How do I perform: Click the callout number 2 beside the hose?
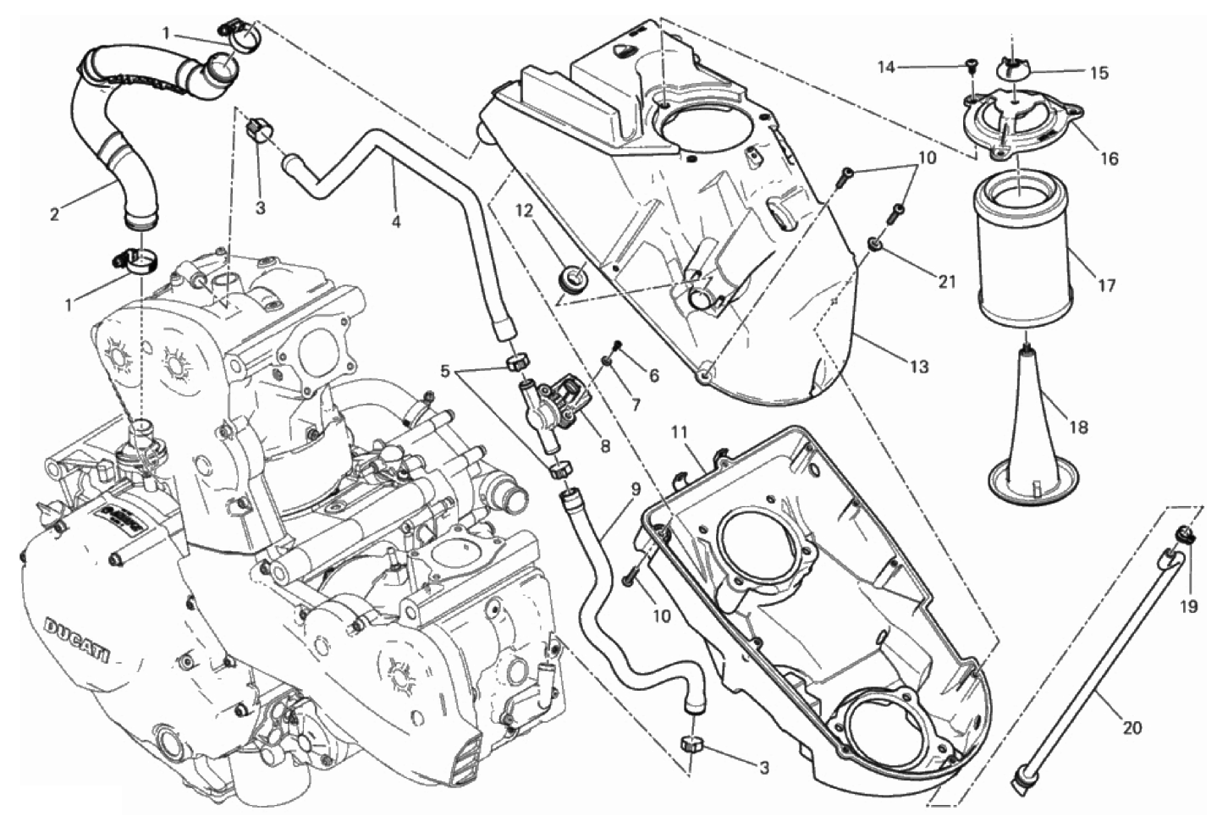coord(54,215)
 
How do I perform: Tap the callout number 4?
coord(396,222)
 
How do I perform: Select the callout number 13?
coord(919,367)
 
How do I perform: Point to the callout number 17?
coord(1106,285)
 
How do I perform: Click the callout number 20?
coord(1132,728)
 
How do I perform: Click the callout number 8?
coord(605,446)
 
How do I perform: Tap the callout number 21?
coord(947,281)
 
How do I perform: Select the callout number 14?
coord(886,68)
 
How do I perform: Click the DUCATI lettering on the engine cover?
coord(75,640)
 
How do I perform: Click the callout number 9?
coord(636,489)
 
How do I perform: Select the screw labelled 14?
coord(970,66)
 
